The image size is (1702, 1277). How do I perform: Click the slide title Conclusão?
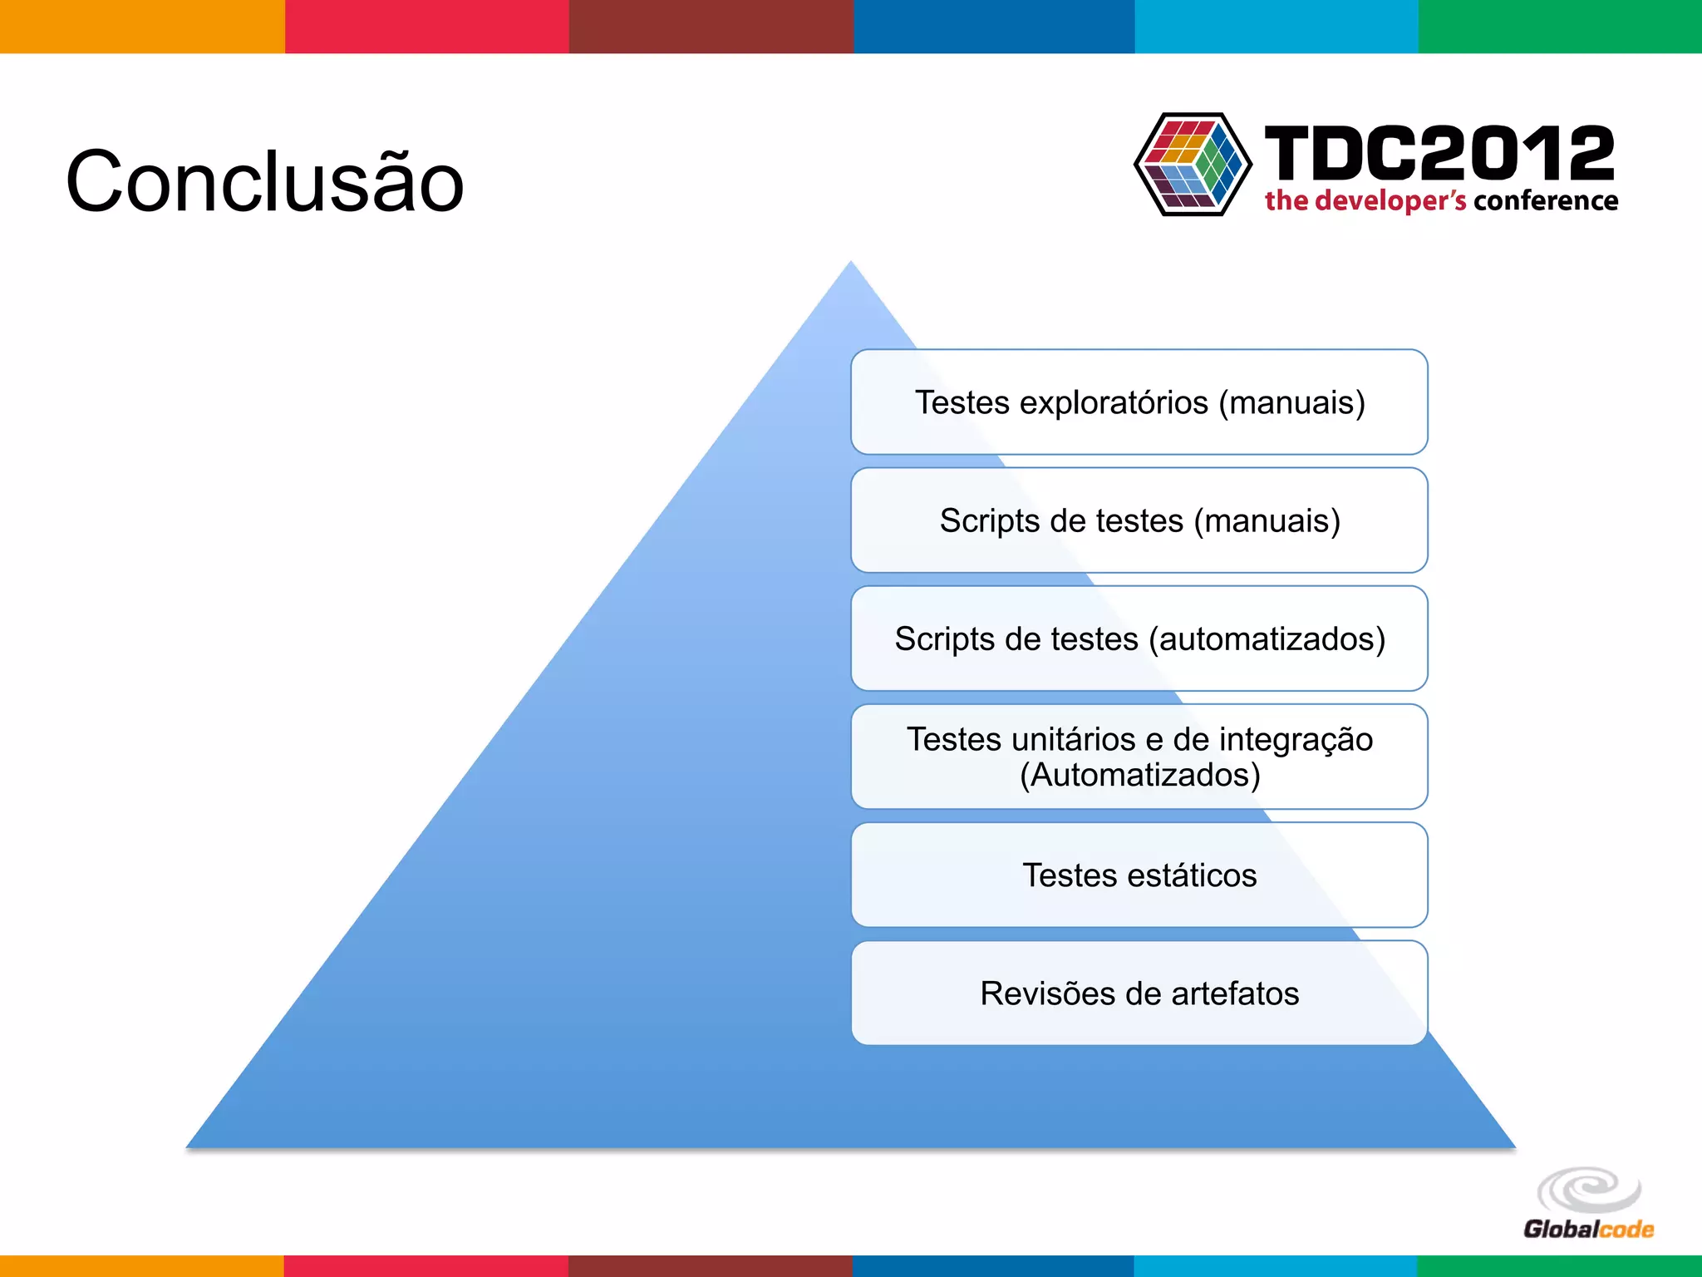tap(264, 181)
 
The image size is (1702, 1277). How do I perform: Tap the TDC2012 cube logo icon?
tap(1193, 165)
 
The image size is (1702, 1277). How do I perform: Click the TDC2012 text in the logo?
tap(1439, 153)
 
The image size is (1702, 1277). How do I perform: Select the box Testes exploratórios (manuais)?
tap(1139, 402)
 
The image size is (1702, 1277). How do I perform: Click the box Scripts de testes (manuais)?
tap(1139, 520)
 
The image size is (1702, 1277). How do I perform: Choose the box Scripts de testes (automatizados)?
tap(1139, 638)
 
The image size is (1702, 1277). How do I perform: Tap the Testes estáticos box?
tap(1139, 875)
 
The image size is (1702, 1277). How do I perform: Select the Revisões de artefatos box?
tap(1139, 993)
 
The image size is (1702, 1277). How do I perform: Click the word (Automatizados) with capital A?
tap(1139, 776)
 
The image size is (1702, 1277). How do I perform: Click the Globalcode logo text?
tap(1588, 1230)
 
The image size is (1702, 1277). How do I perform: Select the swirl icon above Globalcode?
tap(1588, 1190)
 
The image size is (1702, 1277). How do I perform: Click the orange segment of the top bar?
tap(141, 27)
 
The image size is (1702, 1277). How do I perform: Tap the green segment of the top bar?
tap(1560, 27)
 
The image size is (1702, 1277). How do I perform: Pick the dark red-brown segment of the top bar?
tap(711, 27)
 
